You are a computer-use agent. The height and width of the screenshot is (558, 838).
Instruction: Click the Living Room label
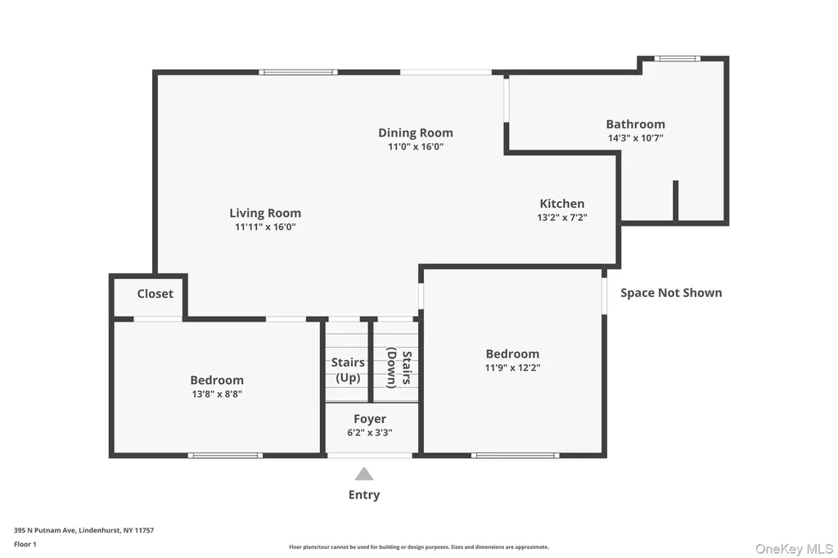265,214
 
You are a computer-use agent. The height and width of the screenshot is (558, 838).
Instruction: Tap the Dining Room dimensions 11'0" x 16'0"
416,146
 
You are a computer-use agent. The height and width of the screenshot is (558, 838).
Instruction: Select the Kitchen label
561,204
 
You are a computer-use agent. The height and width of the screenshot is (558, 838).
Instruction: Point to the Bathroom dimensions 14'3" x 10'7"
635,138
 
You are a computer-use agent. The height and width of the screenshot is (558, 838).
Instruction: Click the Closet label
155,294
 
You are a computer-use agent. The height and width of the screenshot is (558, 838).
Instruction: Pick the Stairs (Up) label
348,370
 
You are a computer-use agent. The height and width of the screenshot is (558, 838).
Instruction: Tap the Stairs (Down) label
399,367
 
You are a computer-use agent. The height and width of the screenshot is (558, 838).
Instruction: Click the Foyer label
370,419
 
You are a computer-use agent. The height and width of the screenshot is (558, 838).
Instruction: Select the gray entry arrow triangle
364,474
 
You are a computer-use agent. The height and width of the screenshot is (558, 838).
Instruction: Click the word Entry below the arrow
364,495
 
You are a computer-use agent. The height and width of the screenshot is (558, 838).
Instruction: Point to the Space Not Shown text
671,293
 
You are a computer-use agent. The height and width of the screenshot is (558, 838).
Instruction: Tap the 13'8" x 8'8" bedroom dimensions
217,394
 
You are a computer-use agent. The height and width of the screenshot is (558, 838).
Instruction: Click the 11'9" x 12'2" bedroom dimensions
512,367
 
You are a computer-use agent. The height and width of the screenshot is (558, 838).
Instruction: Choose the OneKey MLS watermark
794,549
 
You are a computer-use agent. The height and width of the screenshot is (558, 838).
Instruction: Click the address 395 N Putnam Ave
45,530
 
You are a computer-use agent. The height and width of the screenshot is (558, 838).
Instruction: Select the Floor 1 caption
25,544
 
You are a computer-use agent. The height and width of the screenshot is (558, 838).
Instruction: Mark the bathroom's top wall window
677,58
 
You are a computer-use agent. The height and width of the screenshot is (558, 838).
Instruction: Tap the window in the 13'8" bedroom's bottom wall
225,456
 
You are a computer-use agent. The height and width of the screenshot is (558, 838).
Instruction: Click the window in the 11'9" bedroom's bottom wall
516,456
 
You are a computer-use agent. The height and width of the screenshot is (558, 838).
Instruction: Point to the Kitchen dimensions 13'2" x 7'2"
562,218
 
